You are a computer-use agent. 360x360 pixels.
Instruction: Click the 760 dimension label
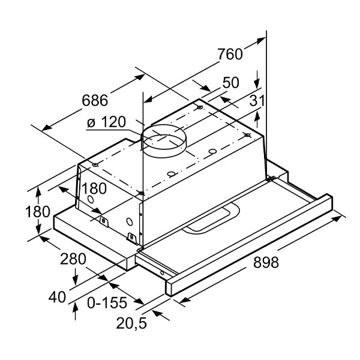click(x=230, y=54)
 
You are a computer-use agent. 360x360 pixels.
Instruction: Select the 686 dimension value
click(x=95, y=100)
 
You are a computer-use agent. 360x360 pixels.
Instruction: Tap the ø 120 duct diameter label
click(x=107, y=122)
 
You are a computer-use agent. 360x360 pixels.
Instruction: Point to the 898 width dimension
click(x=266, y=262)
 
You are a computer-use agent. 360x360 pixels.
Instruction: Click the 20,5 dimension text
click(x=131, y=323)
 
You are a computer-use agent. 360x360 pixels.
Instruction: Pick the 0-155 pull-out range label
click(x=107, y=302)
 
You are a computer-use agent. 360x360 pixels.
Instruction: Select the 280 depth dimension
click(x=73, y=259)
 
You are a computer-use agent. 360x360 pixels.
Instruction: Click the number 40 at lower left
click(x=57, y=297)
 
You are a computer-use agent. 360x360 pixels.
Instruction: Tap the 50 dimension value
click(x=231, y=82)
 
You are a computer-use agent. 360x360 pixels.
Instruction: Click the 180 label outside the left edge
click(x=38, y=211)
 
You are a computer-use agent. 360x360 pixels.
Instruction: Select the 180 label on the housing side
click(x=94, y=188)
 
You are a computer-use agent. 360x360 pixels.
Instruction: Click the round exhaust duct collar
click(x=164, y=141)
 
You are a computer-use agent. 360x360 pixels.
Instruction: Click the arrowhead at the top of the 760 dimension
click(x=262, y=41)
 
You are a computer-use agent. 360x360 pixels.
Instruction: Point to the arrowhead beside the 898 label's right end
click(x=337, y=218)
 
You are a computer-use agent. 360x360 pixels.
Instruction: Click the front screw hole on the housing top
click(x=141, y=193)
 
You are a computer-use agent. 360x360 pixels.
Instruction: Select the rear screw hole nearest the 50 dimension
click(x=200, y=107)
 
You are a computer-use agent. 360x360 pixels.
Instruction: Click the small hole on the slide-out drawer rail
click(x=162, y=273)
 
